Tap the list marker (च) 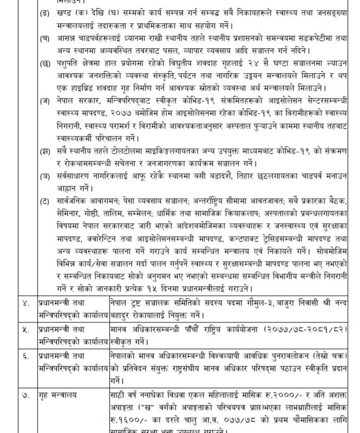pos(45,38)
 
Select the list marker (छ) pos(45,65)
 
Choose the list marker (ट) pos(45,201)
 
